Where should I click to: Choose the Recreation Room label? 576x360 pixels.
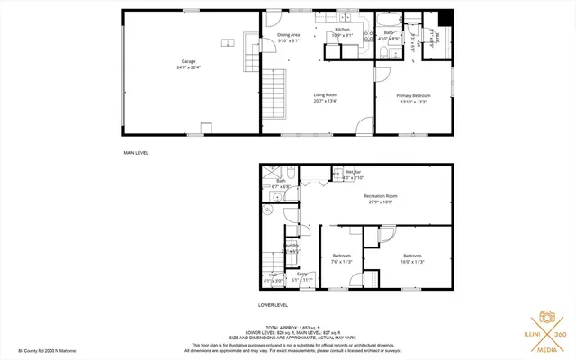[381, 199]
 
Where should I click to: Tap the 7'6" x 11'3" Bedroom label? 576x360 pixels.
[341, 258]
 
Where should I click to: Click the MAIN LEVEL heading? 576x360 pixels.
[136, 153]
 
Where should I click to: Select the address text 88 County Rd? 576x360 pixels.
[47, 352]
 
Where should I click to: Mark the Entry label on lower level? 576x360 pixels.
[301, 275]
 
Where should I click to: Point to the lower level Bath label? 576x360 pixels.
[281, 183]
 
